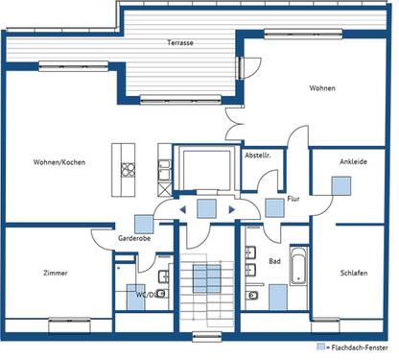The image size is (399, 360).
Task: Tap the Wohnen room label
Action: pos(322,88)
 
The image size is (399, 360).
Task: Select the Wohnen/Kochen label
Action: pos(59,162)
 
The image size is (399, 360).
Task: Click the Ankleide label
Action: pos(353,162)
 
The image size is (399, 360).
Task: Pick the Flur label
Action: pos(280,200)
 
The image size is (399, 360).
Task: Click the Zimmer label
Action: pos(56,274)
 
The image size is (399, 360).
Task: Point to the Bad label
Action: pos(274,260)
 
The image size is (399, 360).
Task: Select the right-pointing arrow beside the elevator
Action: pos(232,207)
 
